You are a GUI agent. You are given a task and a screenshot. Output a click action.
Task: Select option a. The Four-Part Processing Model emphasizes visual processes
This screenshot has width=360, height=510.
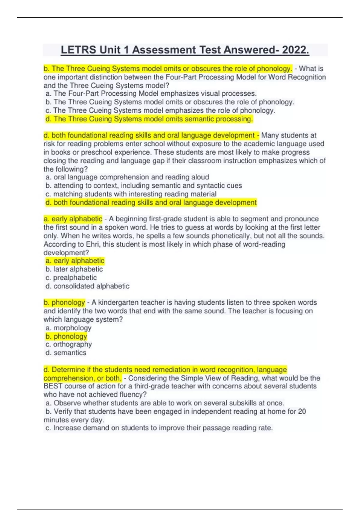click(151, 94)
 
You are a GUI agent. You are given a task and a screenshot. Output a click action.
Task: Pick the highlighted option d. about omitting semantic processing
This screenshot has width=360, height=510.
click(149, 119)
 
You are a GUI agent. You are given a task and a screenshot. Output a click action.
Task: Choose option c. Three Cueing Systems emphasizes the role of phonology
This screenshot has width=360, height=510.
click(160, 110)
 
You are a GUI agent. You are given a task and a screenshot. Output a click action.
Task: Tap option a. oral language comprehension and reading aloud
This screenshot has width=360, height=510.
click(127, 177)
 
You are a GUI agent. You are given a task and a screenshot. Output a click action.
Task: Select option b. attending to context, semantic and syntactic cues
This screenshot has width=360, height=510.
click(144, 185)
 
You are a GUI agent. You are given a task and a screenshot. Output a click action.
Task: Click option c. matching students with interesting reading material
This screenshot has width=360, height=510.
click(131, 194)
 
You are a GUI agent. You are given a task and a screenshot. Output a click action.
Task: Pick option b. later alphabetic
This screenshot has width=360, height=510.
click(74, 269)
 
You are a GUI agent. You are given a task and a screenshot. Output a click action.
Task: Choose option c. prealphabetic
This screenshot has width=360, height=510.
click(71, 277)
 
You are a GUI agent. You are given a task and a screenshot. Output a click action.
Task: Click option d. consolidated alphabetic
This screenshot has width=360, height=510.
click(87, 286)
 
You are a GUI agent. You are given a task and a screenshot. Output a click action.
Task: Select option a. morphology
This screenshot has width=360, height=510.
click(68, 328)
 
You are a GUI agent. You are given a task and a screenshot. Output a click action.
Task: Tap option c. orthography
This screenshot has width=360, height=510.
click(69, 344)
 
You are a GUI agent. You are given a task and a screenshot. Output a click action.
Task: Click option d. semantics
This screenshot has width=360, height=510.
click(66, 353)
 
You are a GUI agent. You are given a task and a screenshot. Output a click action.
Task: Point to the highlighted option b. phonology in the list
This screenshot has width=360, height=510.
click(66, 336)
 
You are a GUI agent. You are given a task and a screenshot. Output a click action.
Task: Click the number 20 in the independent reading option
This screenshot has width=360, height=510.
click(302, 411)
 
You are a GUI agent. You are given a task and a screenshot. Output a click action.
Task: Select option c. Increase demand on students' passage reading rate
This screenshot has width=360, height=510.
click(159, 428)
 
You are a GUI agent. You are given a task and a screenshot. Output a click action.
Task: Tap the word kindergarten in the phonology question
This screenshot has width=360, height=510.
click(118, 302)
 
